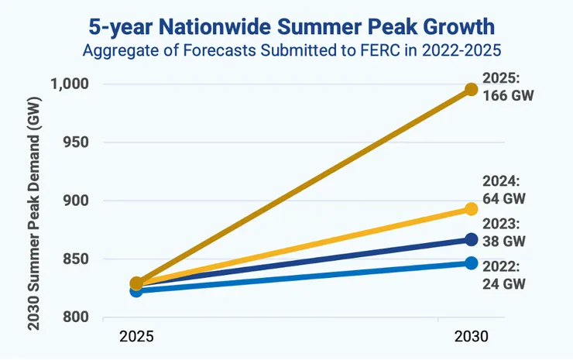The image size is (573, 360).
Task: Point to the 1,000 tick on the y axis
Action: (70, 84)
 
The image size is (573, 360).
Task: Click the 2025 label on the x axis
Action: (137, 338)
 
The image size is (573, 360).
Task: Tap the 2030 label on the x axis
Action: (471, 338)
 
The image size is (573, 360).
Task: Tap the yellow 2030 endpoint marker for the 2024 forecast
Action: (471, 209)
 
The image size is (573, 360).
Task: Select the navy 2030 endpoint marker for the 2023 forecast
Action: (471, 239)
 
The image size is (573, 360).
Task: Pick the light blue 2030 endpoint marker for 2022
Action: (471, 263)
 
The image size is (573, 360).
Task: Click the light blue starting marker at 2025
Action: (136, 291)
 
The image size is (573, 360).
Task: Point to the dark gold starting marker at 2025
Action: (136, 283)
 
